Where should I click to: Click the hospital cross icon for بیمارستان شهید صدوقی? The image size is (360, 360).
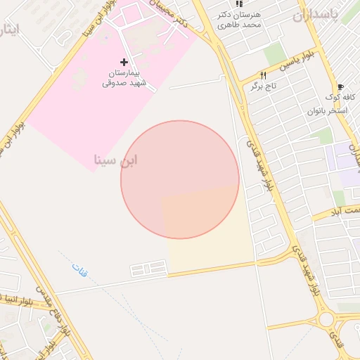coord(125,63)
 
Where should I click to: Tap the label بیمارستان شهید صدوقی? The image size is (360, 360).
coord(124,78)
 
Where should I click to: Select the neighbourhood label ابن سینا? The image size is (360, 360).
coord(115,160)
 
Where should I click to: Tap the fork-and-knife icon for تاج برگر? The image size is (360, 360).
coord(263,75)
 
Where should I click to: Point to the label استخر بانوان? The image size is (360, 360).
coord(328,110)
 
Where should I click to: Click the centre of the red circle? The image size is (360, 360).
coord(180,179)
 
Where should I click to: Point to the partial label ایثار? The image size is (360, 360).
coord(9,30)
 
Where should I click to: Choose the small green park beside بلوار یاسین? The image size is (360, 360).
coord(274,53)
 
